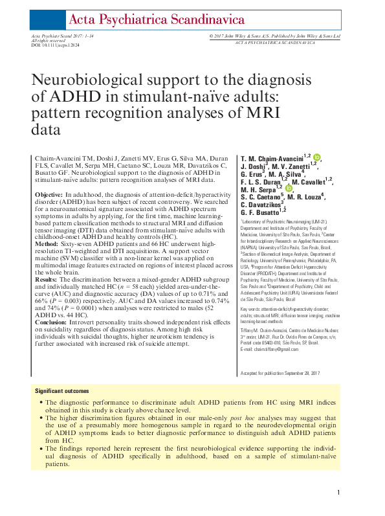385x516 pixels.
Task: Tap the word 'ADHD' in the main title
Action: pyautogui.click(x=67, y=97)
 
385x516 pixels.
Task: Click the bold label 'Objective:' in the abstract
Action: pyautogui.click(x=49, y=194)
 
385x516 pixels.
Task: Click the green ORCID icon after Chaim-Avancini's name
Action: pyautogui.click(x=317, y=157)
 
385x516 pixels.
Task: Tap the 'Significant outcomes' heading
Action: pyautogui.click(x=62, y=390)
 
